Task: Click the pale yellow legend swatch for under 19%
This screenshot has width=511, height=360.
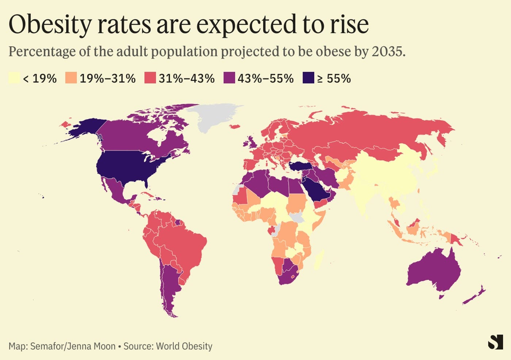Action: pos(14,78)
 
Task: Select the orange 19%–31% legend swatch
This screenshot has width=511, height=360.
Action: pos(71,78)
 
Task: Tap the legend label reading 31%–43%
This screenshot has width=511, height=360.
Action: pos(187,78)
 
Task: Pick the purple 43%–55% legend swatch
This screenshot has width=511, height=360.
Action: pos(229,78)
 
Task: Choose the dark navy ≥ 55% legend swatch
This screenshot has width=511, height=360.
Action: pos(308,78)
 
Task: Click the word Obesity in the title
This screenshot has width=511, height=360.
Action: pos(50,25)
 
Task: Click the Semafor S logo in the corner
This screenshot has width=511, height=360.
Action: pos(495,342)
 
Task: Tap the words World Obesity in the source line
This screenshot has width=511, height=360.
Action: pos(184,346)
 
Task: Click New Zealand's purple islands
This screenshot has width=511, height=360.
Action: pos(474,295)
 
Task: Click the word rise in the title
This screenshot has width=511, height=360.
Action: pos(349,25)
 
